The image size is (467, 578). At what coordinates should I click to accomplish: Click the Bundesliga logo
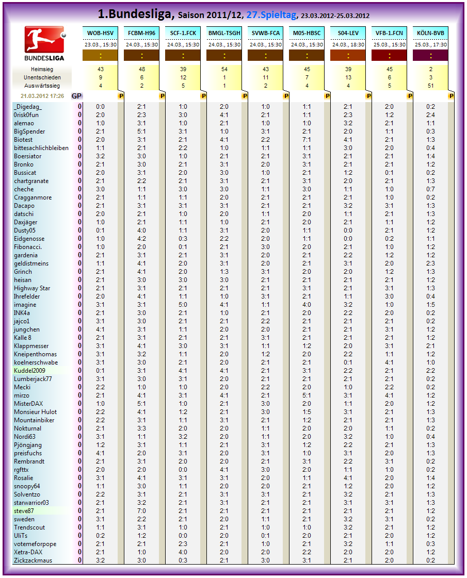pos(44,44)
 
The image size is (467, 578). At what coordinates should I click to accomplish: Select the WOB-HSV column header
pos(100,34)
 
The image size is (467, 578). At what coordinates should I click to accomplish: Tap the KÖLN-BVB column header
pos(430,34)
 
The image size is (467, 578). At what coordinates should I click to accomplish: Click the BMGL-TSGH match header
pos(224,34)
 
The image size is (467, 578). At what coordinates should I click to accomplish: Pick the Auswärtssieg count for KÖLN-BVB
pos(431,86)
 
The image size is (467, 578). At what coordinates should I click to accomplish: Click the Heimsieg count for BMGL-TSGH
pos(224,70)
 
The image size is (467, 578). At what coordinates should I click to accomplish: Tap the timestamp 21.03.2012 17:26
pos(42,96)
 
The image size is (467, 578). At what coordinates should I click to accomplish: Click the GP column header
pos(76,96)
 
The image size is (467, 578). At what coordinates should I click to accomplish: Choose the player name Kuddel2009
pos(30,371)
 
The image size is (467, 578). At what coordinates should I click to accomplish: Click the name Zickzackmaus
pos(33,560)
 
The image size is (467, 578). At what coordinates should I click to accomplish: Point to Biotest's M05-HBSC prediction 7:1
pos(307,140)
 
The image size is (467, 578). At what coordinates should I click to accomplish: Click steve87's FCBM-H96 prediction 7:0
pos(142,511)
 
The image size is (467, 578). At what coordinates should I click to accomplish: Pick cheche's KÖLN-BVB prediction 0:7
pos(431,189)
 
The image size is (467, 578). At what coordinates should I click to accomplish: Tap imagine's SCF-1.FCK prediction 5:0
pos(183,305)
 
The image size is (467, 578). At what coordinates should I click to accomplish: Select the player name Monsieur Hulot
pos(36,412)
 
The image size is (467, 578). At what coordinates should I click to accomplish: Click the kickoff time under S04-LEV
pos(348,45)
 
